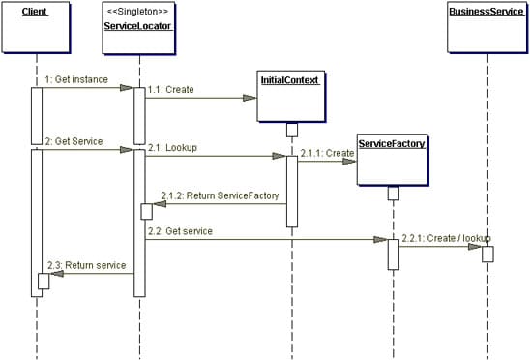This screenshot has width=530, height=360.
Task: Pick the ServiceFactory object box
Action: click(x=393, y=161)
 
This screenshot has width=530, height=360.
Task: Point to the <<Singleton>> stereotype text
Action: click(x=139, y=11)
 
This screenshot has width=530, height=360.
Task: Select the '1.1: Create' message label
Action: click(x=172, y=89)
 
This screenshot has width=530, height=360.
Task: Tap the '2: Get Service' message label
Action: click(x=74, y=141)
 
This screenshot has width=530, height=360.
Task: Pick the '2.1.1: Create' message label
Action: click(x=326, y=152)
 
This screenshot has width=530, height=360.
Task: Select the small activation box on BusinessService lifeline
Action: click(x=487, y=254)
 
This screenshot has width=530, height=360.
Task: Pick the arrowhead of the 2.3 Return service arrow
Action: click(x=56, y=274)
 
